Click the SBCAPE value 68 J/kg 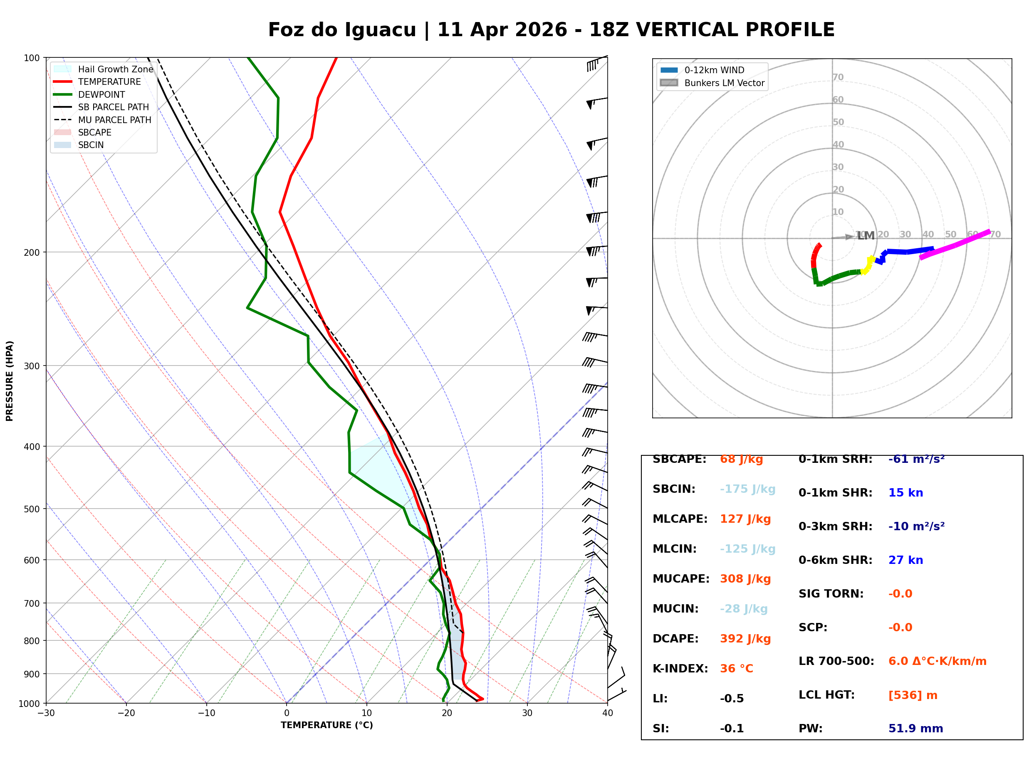pos(741,459)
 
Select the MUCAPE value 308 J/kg pos(745,578)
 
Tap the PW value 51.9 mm pos(915,728)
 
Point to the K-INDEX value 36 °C pos(736,668)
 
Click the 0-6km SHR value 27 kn pos(905,560)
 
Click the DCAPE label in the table pos(675,638)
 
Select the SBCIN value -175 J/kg pos(747,489)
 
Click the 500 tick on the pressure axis pos(32,509)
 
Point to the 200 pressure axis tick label pos(32,252)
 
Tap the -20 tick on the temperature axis pos(126,713)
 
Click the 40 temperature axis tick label pos(607,713)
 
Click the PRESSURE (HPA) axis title pos(10,380)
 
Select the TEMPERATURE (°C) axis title pos(327,725)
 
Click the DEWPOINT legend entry pos(101,94)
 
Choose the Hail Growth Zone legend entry pos(115,69)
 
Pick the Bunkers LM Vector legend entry pos(724,83)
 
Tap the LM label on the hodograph pos(866,236)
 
